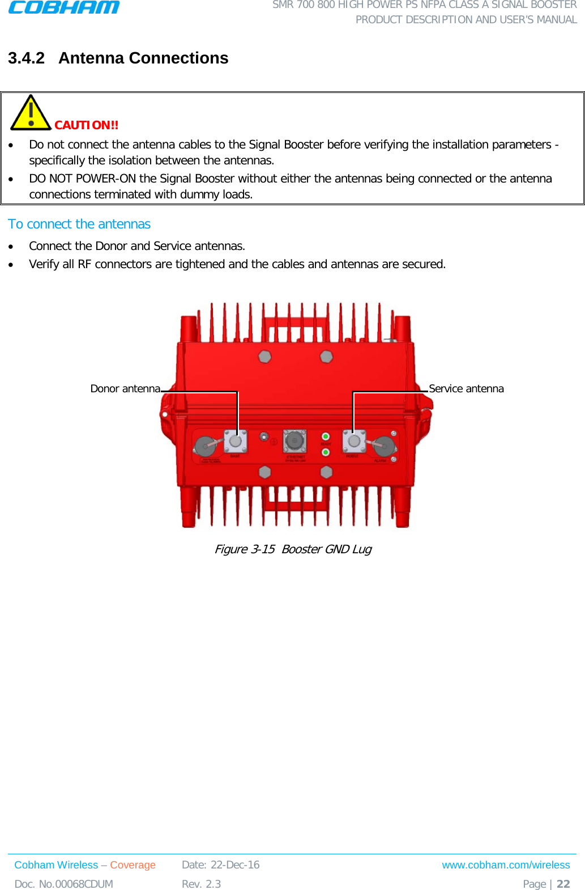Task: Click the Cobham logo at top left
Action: click(x=63, y=7)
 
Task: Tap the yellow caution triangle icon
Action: click(x=31, y=113)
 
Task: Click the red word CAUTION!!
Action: click(x=86, y=125)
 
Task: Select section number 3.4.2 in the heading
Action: click(x=26, y=58)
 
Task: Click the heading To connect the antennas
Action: click(x=79, y=224)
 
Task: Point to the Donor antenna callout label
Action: click(x=125, y=389)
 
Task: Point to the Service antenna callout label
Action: click(x=466, y=389)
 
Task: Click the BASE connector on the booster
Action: click(x=236, y=441)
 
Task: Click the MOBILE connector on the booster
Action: click(x=353, y=441)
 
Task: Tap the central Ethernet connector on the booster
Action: click(x=294, y=440)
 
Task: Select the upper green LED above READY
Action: click(x=326, y=436)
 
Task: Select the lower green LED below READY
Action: click(x=326, y=452)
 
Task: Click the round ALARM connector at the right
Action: click(x=384, y=446)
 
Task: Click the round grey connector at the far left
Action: click(x=204, y=446)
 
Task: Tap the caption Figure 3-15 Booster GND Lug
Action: click(x=293, y=549)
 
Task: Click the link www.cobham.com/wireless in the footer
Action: click(x=506, y=865)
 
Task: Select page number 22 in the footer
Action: click(x=563, y=884)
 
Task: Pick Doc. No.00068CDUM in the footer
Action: click(x=64, y=884)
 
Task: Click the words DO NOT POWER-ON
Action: click(x=82, y=179)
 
